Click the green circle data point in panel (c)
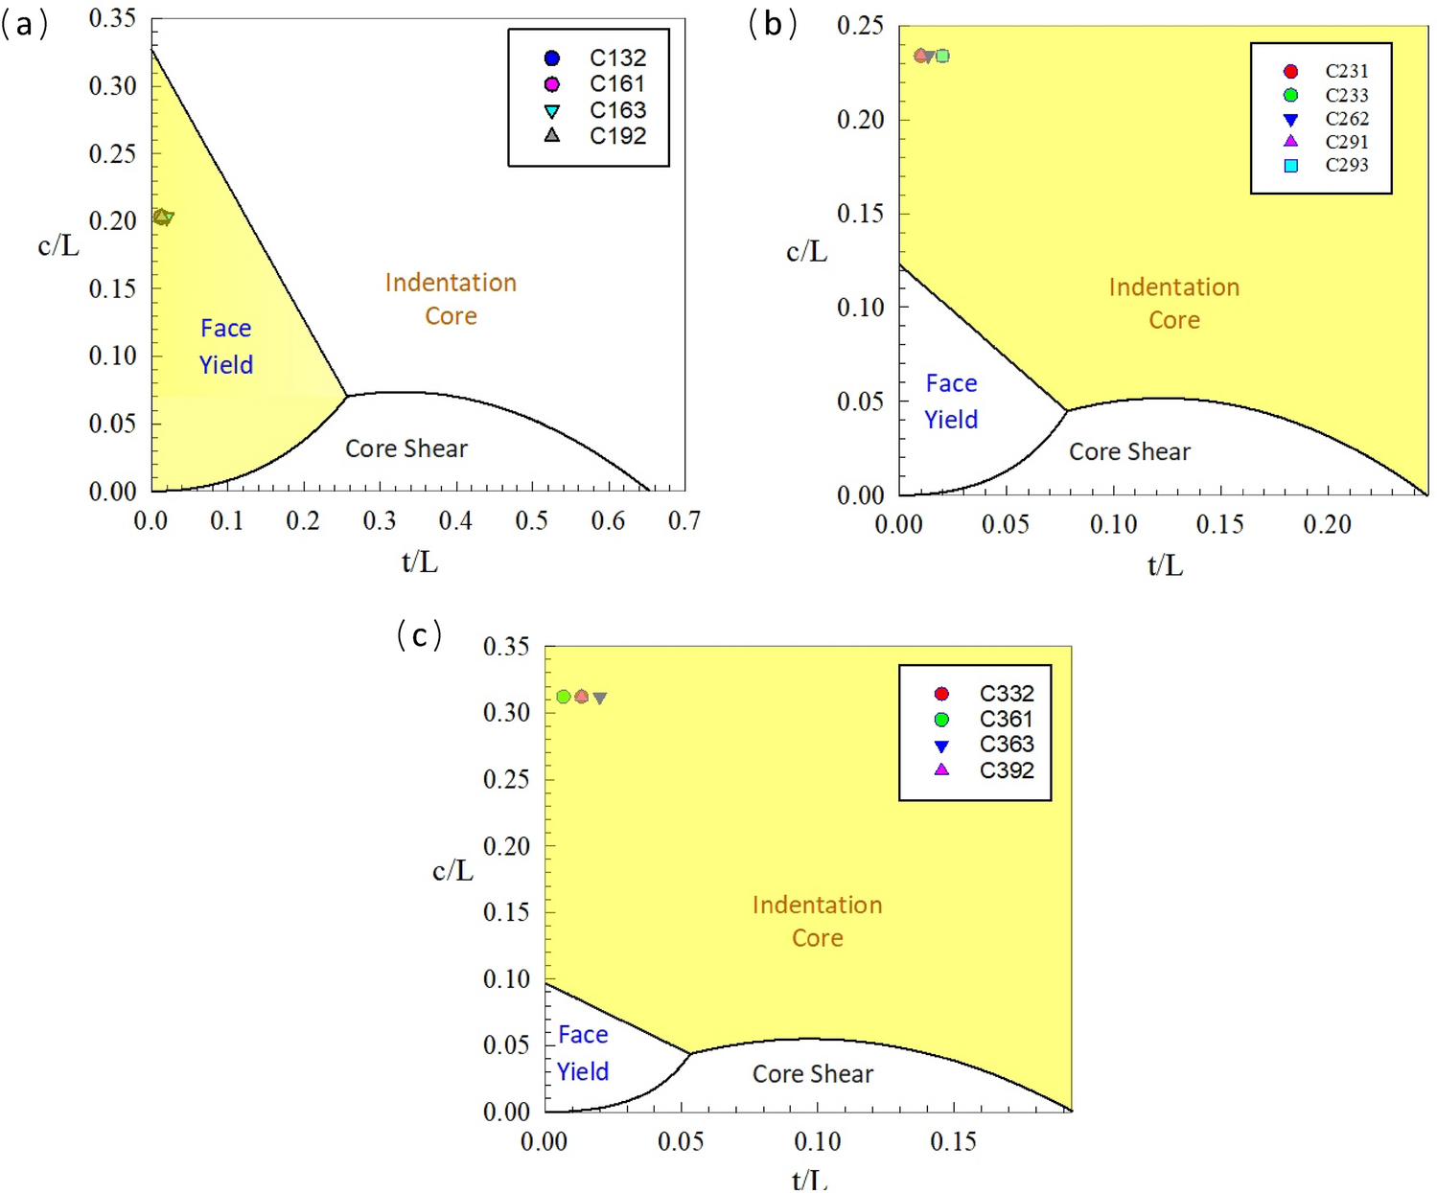[x=564, y=697]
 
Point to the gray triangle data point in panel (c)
[x=600, y=698]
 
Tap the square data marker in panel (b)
[x=942, y=56]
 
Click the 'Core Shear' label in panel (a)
[x=406, y=448]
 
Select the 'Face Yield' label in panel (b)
[x=951, y=401]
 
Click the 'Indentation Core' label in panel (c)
[x=817, y=921]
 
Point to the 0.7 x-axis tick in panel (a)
[x=684, y=521]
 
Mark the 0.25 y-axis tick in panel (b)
[x=860, y=26]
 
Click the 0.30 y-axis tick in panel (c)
[x=506, y=712]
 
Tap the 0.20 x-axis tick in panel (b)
[x=1327, y=524]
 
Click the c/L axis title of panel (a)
[x=58, y=246]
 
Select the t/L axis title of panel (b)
[x=1165, y=566]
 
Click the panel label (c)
[x=419, y=634]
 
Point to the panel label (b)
[x=773, y=24]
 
